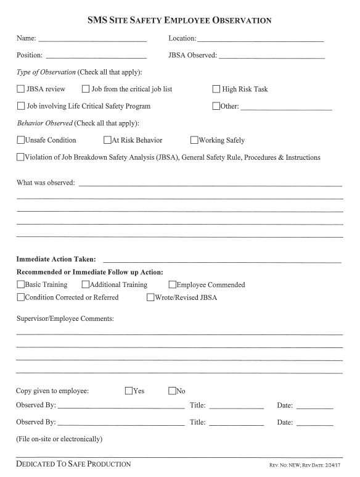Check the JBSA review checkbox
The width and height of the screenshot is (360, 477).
[x=21, y=89]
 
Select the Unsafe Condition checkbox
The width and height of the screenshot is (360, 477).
[x=21, y=140]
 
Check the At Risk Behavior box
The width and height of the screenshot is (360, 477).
[x=107, y=140]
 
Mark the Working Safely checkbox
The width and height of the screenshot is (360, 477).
[x=194, y=140]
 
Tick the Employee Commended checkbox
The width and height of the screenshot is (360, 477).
[x=172, y=284]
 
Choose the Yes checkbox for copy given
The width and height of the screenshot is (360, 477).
[x=129, y=391]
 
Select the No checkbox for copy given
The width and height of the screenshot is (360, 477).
[x=172, y=391]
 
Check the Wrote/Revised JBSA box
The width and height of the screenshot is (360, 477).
[x=150, y=297]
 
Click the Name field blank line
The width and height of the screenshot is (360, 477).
[x=92, y=40]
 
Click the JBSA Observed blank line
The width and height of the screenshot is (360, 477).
[x=271, y=57]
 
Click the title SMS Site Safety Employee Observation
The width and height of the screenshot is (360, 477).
[x=180, y=20]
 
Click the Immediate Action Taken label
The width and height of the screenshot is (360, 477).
[x=55, y=259]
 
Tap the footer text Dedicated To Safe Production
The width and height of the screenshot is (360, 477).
[x=73, y=463]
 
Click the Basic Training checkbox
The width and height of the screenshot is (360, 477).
[x=21, y=284]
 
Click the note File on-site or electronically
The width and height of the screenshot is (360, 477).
[x=59, y=439]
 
